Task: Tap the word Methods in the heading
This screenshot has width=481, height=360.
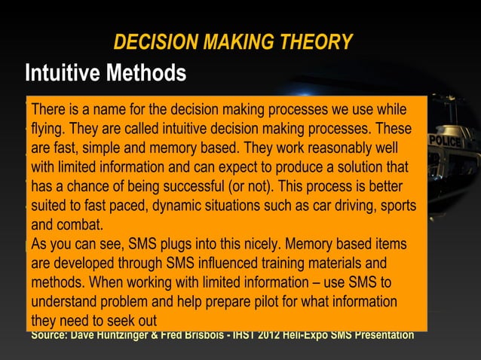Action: point(148,73)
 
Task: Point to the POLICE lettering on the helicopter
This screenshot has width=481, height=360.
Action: point(445,141)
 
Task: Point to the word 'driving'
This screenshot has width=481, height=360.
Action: point(349,205)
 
